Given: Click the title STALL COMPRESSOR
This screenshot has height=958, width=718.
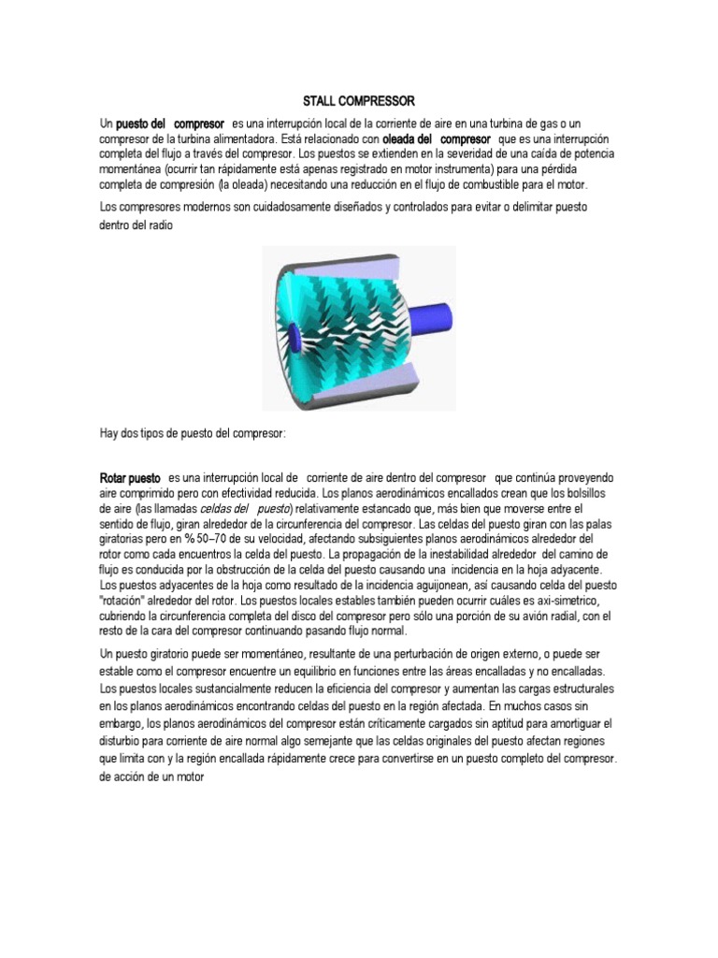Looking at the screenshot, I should point(359,100).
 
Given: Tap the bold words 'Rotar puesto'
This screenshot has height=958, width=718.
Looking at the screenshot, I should point(130,478).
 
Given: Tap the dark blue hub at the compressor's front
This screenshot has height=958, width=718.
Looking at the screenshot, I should point(293,333).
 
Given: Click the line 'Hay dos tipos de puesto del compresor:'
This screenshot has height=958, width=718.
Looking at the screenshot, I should point(194,434).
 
